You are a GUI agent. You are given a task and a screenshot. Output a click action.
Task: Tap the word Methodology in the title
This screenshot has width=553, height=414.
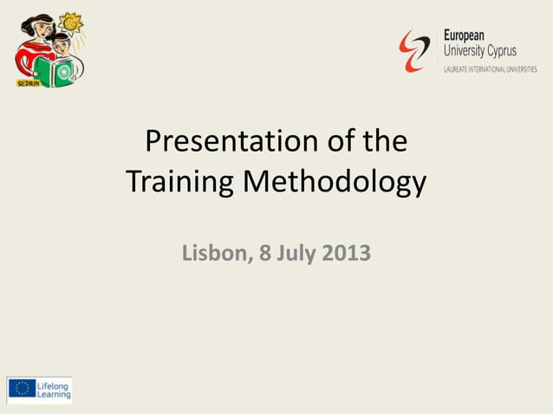(x=335, y=183)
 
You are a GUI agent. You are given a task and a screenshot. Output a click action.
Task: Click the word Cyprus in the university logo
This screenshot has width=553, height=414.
(x=502, y=50)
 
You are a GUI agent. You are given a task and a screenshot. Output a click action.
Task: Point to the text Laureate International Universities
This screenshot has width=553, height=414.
(x=490, y=68)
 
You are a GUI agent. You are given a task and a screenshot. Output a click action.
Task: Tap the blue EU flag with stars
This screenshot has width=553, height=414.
(x=22, y=389)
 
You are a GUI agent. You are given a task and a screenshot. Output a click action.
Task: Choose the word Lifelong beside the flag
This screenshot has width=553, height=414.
(x=54, y=384)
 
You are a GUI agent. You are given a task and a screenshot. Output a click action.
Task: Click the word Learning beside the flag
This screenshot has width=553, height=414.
(x=54, y=395)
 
